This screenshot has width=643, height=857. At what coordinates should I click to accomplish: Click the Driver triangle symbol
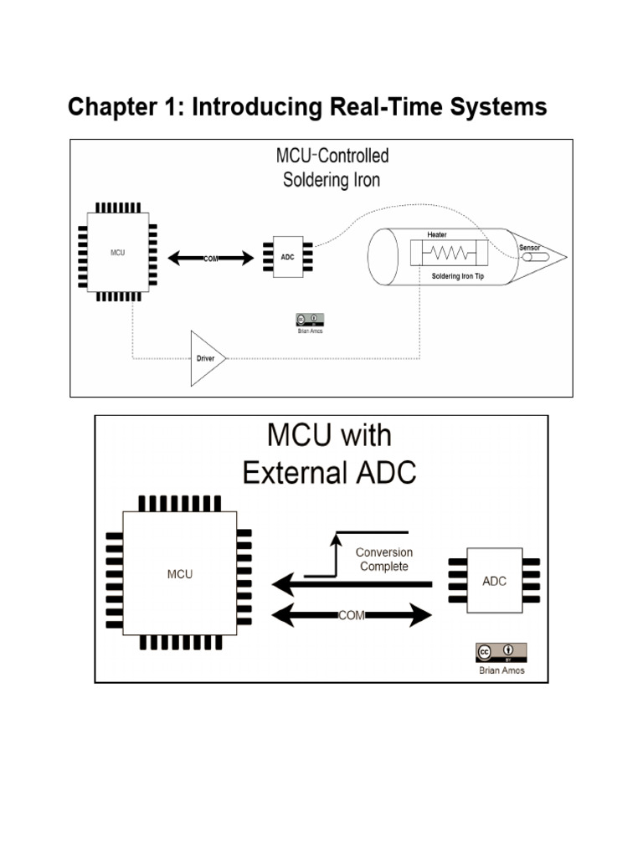(206, 358)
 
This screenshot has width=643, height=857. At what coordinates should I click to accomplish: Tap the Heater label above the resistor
(437, 234)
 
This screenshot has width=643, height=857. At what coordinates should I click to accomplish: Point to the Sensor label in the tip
(530, 248)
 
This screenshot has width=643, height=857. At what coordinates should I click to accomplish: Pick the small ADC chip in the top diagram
(287, 258)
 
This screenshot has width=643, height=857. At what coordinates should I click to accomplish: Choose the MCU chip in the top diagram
(118, 252)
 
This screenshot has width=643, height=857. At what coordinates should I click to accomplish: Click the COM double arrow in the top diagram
(211, 259)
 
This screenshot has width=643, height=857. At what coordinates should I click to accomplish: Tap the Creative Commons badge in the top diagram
(310, 320)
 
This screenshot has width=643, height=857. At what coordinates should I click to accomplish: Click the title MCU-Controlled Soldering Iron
(332, 167)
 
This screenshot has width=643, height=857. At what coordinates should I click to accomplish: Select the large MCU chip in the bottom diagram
(180, 574)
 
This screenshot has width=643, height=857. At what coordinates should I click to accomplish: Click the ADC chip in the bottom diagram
(495, 581)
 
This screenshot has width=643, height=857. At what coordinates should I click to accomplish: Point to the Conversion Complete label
(383, 559)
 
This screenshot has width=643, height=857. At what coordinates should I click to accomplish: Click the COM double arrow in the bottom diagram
(352, 615)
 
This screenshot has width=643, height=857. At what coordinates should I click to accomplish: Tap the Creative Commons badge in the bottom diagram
(501, 653)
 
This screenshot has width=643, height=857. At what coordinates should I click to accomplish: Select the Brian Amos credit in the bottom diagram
(501, 671)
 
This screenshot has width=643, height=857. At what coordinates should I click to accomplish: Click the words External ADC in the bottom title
(329, 473)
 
